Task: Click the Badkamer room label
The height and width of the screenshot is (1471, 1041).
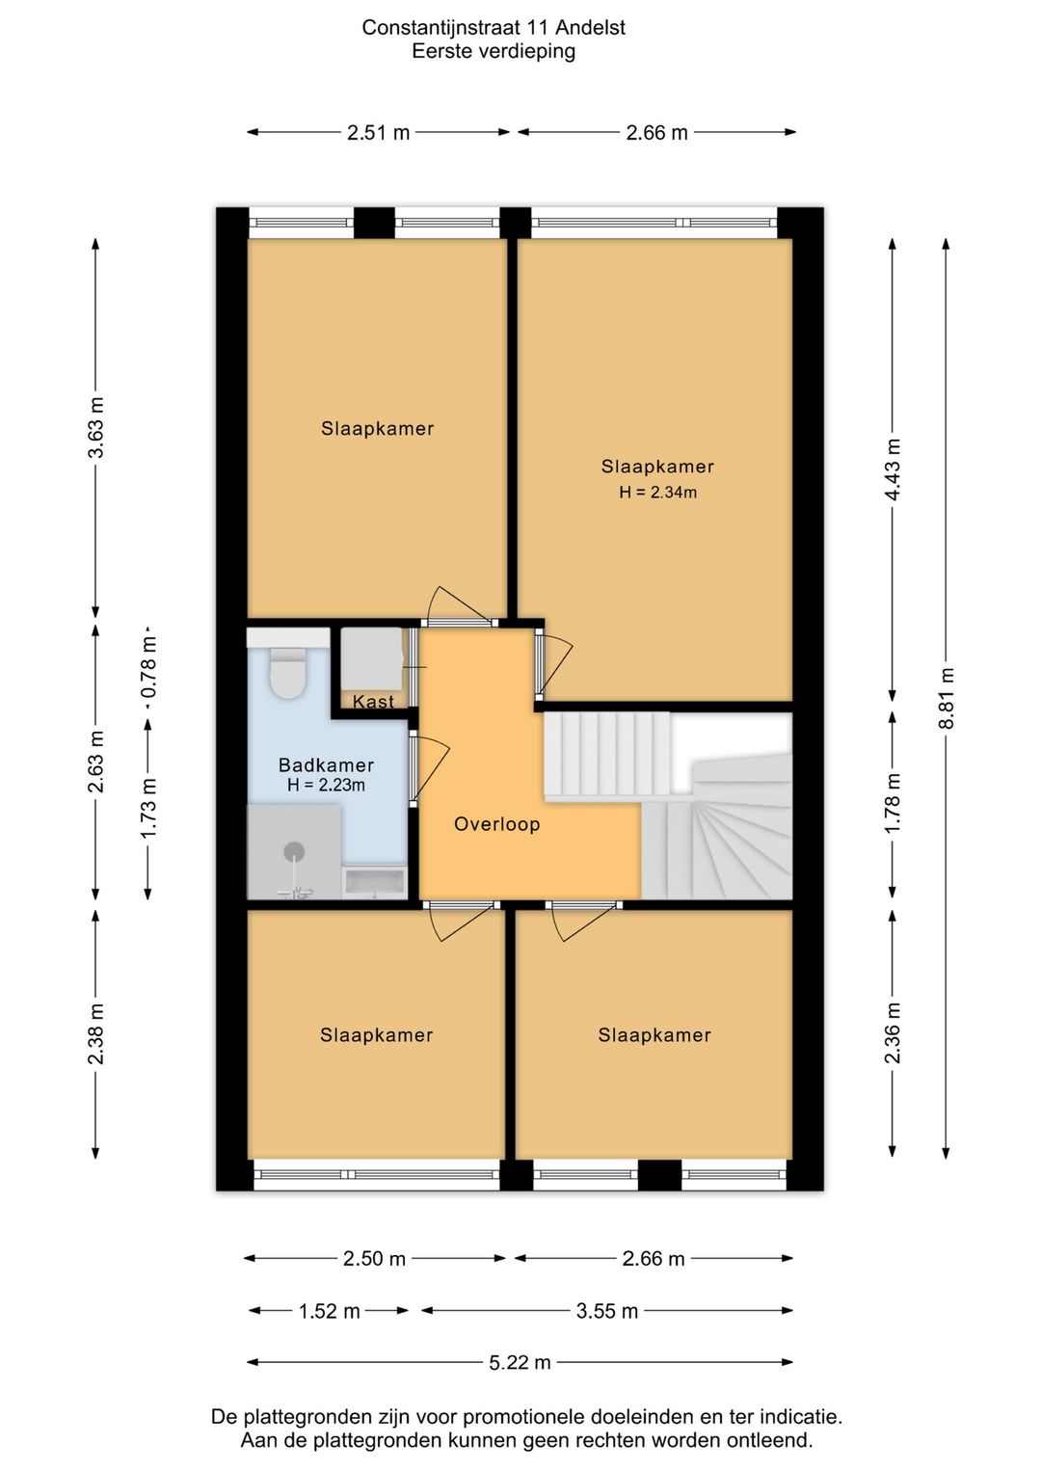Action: (x=326, y=765)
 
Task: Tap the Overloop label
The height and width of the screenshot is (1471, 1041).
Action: (x=497, y=824)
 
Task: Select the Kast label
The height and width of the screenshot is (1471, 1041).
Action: (x=373, y=702)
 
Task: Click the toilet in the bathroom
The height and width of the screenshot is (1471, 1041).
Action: (x=287, y=673)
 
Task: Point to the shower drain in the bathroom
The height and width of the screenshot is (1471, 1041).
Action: (x=294, y=852)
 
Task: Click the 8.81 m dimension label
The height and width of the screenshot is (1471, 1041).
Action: (x=946, y=698)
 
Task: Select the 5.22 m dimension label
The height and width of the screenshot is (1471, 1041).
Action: (x=520, y=1363)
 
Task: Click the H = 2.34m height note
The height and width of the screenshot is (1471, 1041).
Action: (x=657, y=492)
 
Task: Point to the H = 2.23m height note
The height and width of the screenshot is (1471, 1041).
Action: (x=326, y=785)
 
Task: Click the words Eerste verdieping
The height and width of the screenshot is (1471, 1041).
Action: (x=494, y=51)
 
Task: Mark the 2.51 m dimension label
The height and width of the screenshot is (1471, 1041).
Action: (x=378, y=133)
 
